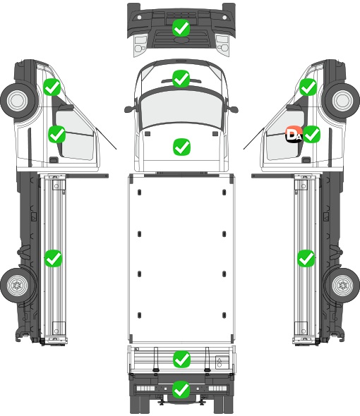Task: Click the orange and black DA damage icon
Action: point(294,134)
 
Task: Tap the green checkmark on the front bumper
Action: point(181,27)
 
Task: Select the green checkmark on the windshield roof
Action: point(181,78)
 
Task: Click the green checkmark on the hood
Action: point(181,147)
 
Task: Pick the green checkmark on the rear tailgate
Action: point(181,359)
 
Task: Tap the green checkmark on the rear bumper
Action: point(181,389)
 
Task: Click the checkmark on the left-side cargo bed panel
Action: point(53,258)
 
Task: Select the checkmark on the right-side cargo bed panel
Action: point(306,258)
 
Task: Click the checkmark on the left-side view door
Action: point(56,134)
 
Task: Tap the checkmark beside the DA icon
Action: point(311,134)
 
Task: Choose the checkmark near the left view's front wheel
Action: point(52,87)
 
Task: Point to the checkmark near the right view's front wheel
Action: point(308,87)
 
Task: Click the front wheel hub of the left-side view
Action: point(18,100)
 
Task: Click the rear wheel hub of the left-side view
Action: point(17,286)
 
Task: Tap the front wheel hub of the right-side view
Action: point(343,100)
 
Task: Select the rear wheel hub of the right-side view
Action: point(343,286)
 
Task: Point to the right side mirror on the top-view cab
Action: point(233,109)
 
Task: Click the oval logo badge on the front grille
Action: point(181,39)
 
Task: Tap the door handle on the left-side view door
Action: point(54,160)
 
